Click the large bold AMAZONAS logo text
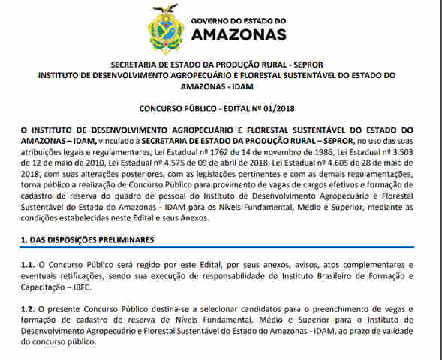(x=239, y=34)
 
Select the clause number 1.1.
(x=27, y=265)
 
